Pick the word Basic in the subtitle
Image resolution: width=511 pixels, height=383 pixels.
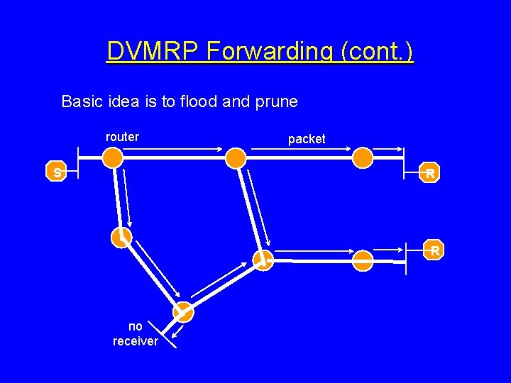coord(82,101)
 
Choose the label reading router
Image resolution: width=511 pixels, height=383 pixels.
coord(122,137)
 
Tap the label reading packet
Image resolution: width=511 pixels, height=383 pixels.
coord(307,139)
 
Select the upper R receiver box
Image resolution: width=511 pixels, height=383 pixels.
coord(429,172)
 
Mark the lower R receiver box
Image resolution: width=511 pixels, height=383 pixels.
coord(435,250)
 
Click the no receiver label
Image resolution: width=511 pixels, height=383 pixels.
coord(135,334)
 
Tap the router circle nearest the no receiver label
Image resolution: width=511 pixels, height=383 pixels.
coord(183,312)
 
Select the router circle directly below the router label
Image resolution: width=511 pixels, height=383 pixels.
coord(112,157)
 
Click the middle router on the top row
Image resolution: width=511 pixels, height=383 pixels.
coord(236,157)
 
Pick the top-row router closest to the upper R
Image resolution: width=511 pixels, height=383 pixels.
coord(363,157)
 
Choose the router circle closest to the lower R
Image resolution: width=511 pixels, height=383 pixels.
coord(363,261)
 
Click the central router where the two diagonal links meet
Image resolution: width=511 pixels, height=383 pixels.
coord(263,260)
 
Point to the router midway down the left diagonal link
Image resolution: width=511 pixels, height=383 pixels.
coord(121,237)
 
